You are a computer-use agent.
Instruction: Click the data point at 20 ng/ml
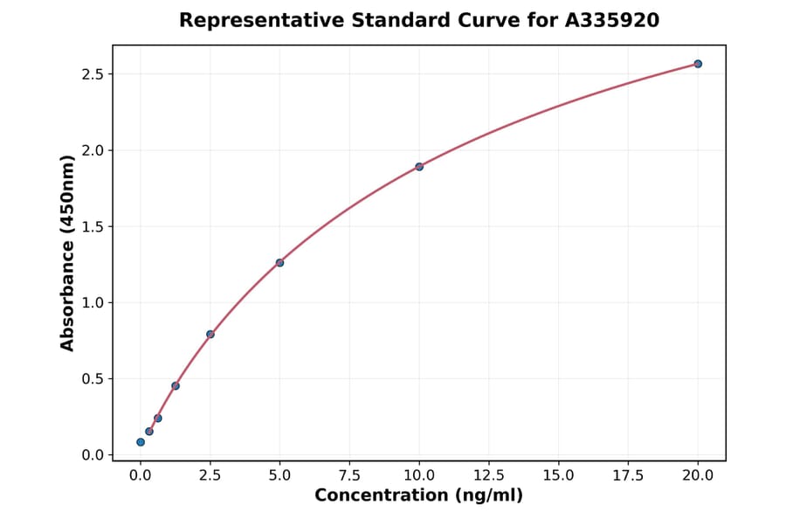(x=698, y=64)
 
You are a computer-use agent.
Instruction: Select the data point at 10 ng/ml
(x=419, y=167)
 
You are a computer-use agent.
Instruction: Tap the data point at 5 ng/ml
(x=279, y=263)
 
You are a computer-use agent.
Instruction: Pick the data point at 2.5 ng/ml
(x=210, y=334)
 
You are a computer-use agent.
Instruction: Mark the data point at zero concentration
(x=141, y=442)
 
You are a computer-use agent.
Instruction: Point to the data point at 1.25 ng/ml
(x=176, y=386)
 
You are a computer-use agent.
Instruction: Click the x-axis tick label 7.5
(x=349, y=475)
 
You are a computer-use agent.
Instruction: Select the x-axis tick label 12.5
(x=489, y=475)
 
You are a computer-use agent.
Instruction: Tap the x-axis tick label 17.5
(x=628, y=475)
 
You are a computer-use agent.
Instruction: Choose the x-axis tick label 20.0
(x=698, y=475)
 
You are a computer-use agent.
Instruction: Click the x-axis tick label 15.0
(x=558, y=475)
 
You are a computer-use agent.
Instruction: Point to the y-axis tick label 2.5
(x=93, y=74)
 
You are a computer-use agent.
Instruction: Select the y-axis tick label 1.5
(x=93, y=227)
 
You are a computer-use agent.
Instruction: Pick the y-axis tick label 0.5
(x=93, y=379)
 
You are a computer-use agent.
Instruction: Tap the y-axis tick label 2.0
(x=93, y=150)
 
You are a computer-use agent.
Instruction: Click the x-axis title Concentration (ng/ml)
(x=418, y=496)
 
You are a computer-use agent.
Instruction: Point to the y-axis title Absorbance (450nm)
(x=68, y=253)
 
